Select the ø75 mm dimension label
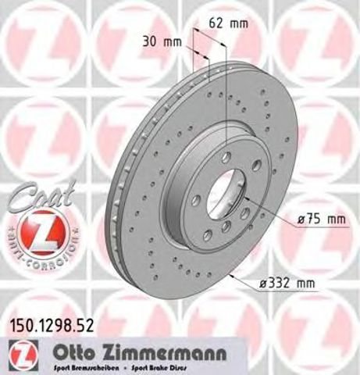click(x=320, y=220)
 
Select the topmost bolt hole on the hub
click(x=226, y=157)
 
